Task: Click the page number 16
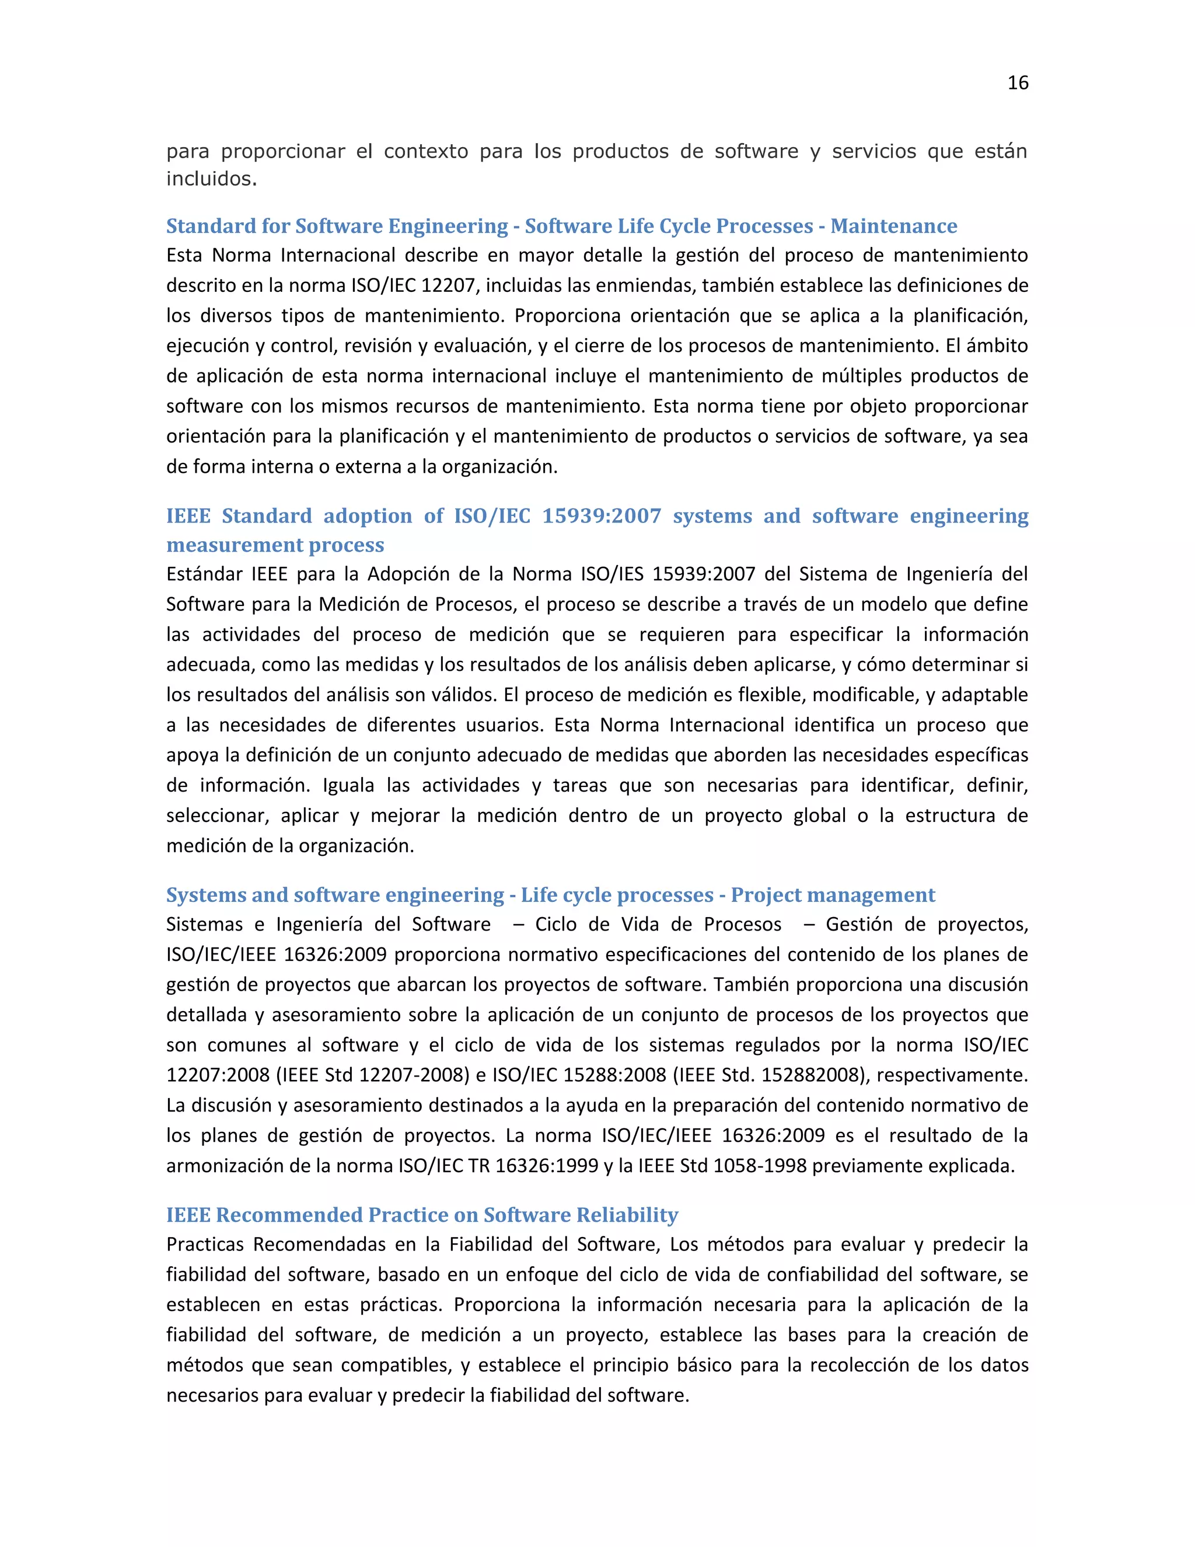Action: tap(1017, 83)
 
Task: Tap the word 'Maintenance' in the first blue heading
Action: tap(893, 226)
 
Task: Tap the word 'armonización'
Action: tap(225, 1166)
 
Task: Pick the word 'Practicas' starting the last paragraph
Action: tap(205, 1245)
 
